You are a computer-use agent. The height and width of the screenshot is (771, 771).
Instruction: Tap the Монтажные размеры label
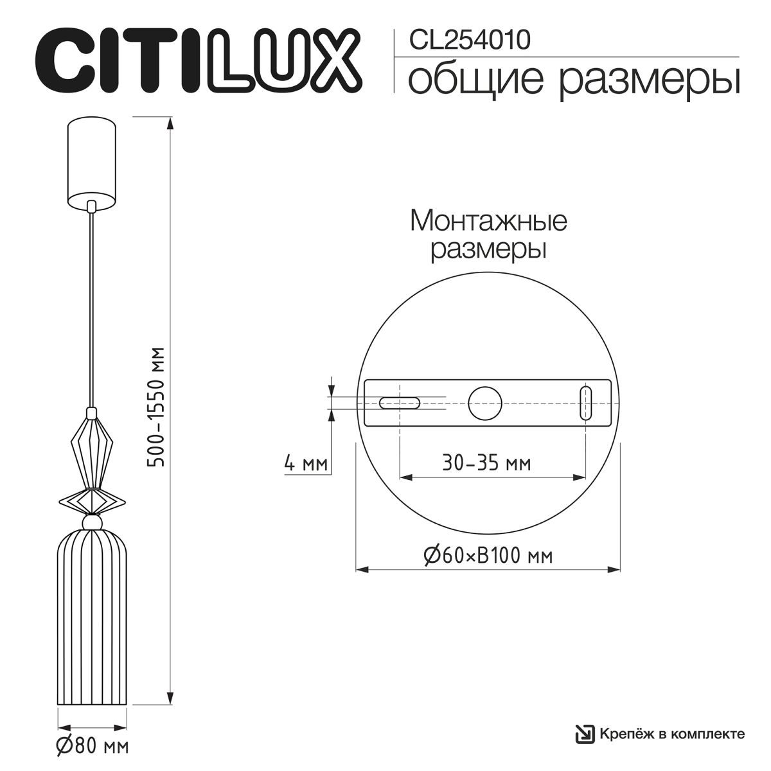click(488, 235)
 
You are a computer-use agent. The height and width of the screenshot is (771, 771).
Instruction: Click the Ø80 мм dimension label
click(92, 747)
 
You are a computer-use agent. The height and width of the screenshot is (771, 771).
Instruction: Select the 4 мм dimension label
click(306, 463)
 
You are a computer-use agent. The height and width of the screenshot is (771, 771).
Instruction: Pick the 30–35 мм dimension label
click(487, 463)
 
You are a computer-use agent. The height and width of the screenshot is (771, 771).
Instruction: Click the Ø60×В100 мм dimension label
click(488, 554)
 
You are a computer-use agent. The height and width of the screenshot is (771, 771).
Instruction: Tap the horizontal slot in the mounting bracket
click(399, 403)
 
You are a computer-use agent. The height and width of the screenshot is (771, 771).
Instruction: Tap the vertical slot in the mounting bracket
click(585, 403)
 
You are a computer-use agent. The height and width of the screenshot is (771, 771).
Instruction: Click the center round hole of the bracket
click(485, 403)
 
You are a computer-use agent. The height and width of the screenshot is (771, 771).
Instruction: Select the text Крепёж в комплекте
click(671, 733)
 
